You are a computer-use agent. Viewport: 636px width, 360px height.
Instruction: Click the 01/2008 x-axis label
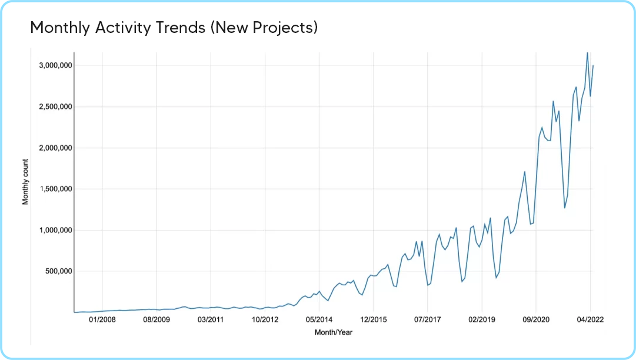pos(102,320)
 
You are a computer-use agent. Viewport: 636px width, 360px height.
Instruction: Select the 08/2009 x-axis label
pos(156,320)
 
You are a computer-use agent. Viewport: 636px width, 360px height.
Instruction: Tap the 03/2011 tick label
pos(211,320)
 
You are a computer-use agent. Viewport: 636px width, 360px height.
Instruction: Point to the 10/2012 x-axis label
pos(265,320)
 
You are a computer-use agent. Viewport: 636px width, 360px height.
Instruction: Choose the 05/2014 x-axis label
pos(319,320)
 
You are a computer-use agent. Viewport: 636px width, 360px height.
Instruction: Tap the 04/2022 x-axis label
pos(590,320)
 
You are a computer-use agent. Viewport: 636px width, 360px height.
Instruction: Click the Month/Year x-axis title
pos(334,332)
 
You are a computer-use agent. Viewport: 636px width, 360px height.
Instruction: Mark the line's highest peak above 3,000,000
pos(587,52)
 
